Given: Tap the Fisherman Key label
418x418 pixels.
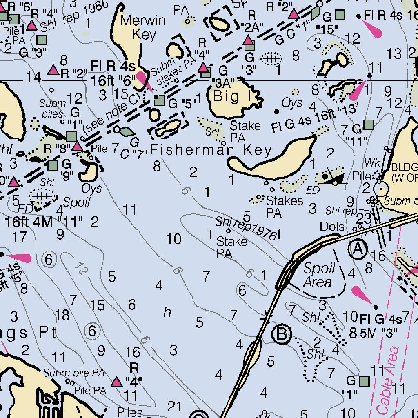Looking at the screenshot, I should (x=211, y=151).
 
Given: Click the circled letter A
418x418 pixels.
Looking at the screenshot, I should (x=358, y=249).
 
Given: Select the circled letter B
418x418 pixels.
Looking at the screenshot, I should (x=282, y=334).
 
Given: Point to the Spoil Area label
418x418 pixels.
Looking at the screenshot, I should (x=319, y=276).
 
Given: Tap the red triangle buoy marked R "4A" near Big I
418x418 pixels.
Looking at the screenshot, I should (x=203, y=68).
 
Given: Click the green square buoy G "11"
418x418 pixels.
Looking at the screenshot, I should (x=369, y=124).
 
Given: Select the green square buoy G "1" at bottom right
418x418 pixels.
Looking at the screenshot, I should (x=364, y=381).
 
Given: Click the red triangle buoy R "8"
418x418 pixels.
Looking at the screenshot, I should (x=77, y=146).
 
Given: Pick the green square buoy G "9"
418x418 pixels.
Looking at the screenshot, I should (x=53, y=165).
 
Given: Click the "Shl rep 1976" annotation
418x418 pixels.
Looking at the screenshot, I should (x=246, y=227).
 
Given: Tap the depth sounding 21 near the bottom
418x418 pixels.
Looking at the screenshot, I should (x=175, y=406).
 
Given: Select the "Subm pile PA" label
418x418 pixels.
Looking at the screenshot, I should (x=74, y=373).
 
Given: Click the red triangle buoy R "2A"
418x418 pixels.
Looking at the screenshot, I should (x=248, y=40).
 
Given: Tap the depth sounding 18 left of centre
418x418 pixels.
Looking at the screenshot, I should (x=62, y=315).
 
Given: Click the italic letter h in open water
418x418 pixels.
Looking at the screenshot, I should (x=167, y=313).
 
